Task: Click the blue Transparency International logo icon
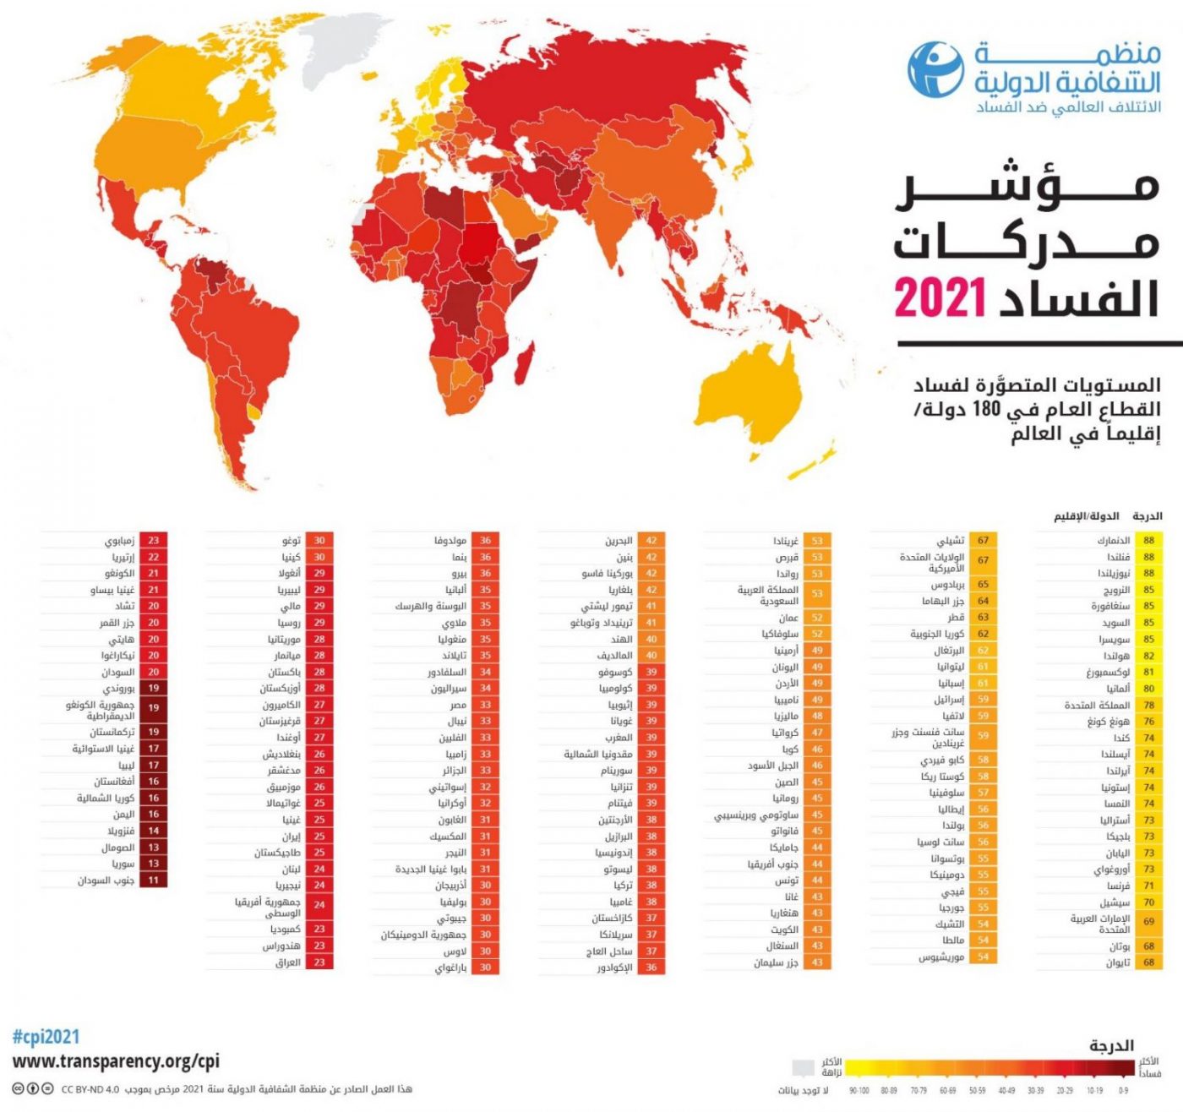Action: [x=935, y=68]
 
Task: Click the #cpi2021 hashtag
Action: [x=46, y=1037]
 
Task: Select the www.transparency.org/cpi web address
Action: [x=116, y=1061]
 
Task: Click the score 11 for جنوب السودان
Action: [x=154, y=880]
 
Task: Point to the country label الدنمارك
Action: [x=1114, y=541]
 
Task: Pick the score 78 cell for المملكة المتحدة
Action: [x=1148, y=705]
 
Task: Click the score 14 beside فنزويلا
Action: [x=154, y=831]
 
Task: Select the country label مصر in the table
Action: [x=457, y=705]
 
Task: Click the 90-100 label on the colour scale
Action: [x=859, y=1091]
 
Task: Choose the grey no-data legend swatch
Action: [x=804, y=1069]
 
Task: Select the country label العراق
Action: [x=287, y=962]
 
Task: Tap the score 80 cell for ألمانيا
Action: [x=1148, y=689]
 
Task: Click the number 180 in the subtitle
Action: [x=984, y=410]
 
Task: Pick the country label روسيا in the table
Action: [x=289, y=623]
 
